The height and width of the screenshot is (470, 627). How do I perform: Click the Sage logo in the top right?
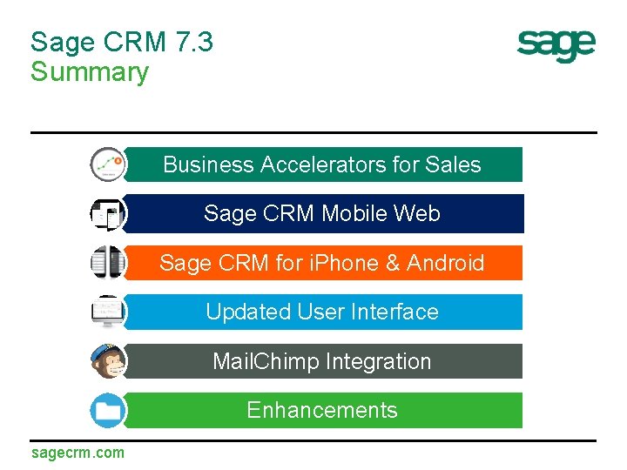click(x=556, y=45)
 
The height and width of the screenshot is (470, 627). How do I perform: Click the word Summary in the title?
click(x=89, y=71)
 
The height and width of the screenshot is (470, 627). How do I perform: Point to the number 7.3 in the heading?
click(x=193, y=42)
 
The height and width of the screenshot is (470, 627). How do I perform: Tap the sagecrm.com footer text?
click(x=78, y=453)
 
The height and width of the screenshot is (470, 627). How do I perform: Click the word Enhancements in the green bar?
click(x=322, y=410)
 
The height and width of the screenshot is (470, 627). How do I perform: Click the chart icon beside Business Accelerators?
click(x=108, y=164)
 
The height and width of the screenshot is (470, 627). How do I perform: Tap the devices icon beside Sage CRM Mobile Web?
click(x=108, y=214)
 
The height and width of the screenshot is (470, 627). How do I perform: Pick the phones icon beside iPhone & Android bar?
click(x=108, y=263)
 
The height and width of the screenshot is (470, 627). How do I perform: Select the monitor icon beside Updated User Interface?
click(x=108, y=312)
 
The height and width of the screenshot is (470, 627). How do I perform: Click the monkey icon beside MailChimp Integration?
click(x=108, y=361)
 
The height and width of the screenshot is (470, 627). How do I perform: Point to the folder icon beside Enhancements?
click(x=108, y=410)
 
